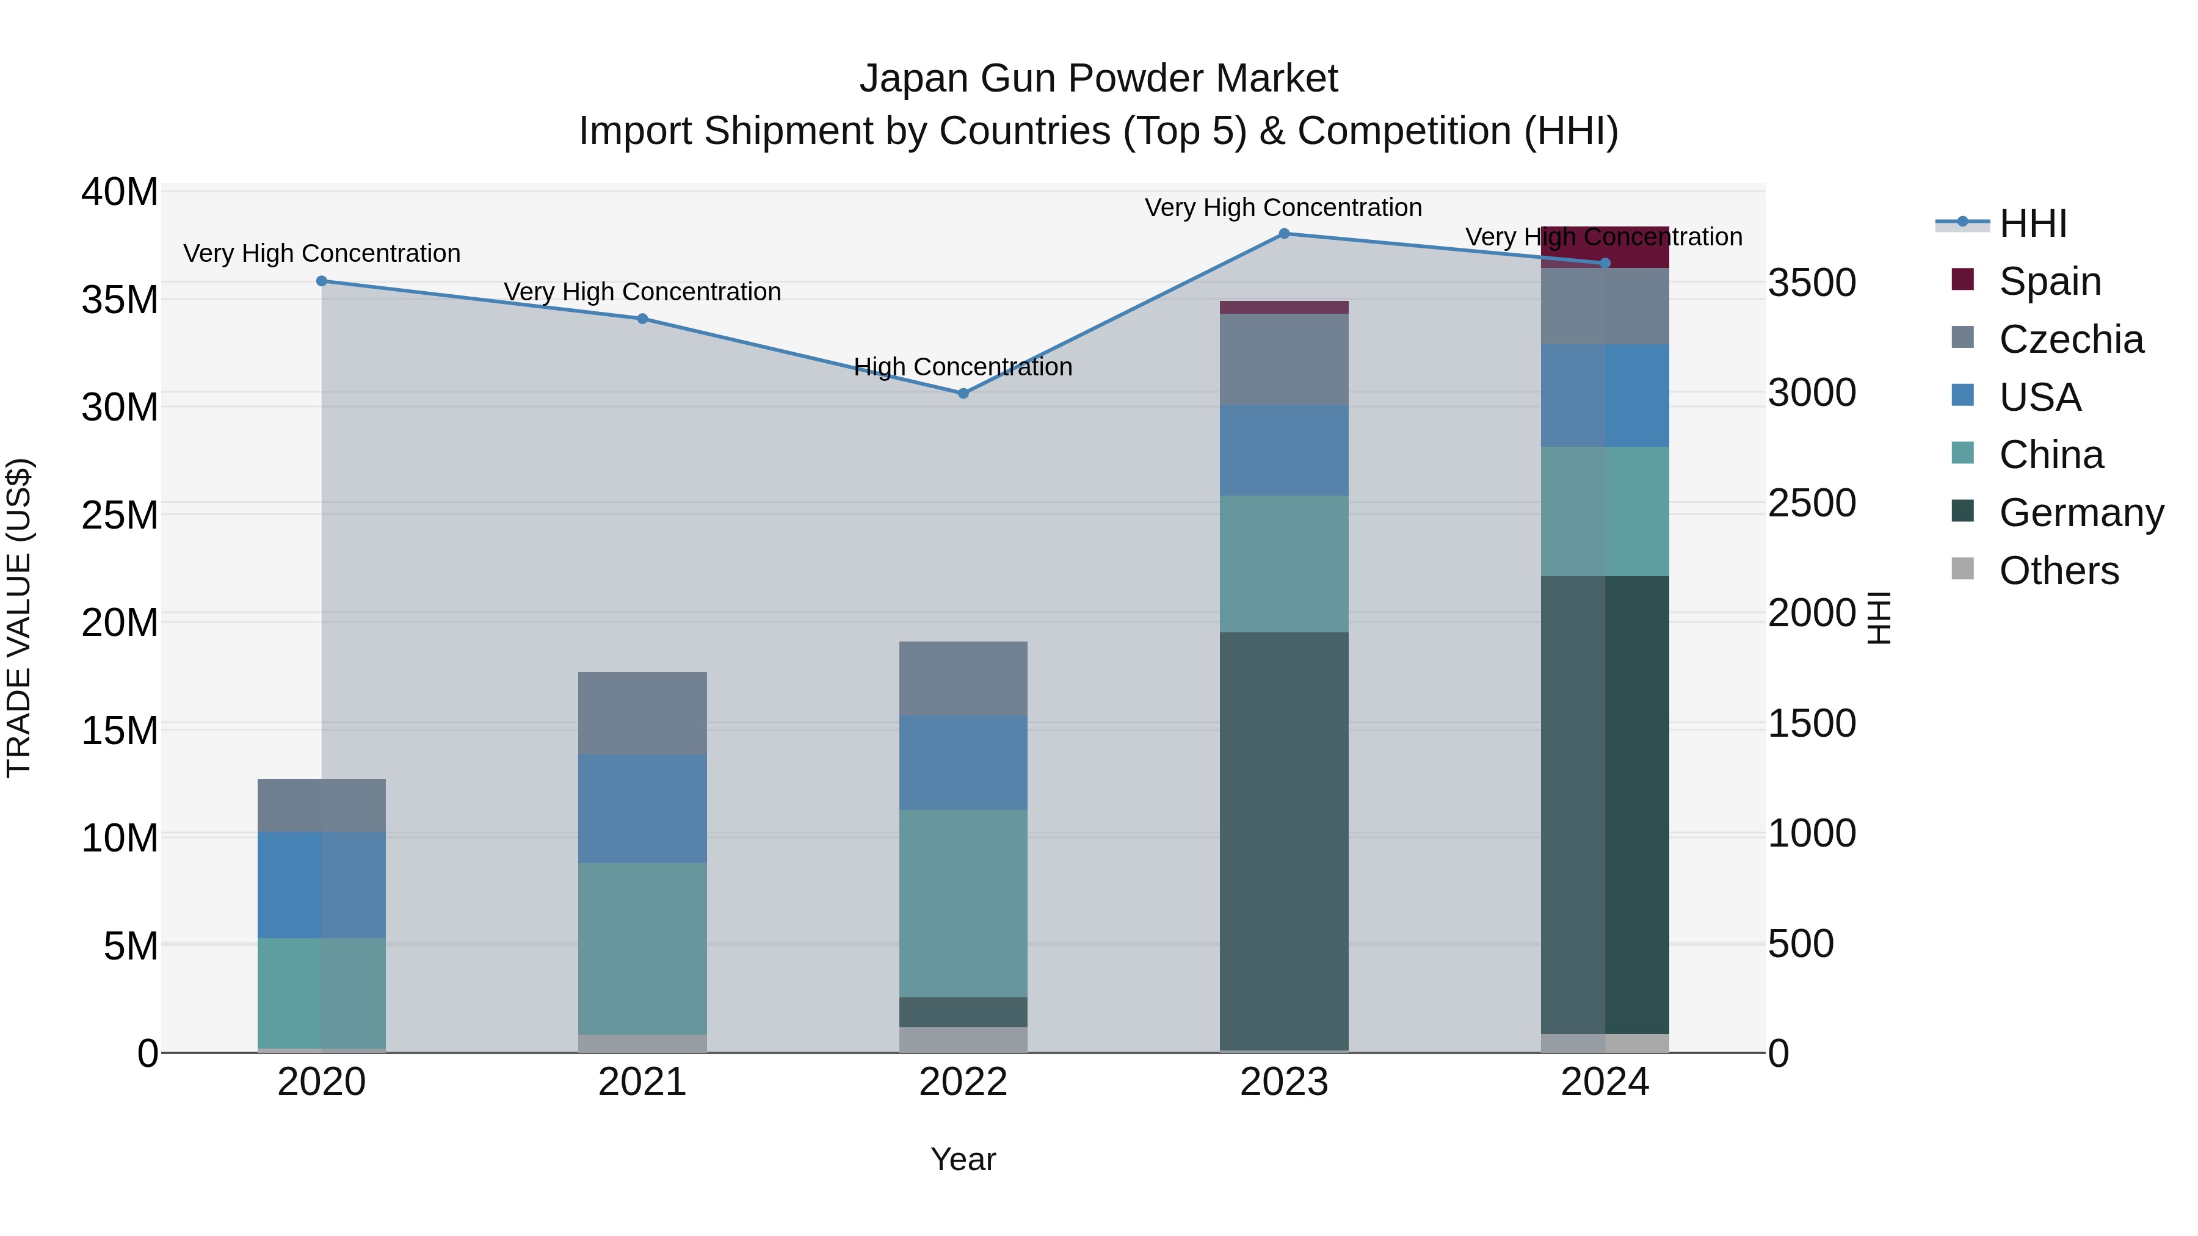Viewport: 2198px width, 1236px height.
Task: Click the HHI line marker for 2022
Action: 963,393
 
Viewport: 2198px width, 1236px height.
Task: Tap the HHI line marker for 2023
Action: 1284,234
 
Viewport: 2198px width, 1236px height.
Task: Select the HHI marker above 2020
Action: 322,281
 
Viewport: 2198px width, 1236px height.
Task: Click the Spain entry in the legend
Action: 2048,281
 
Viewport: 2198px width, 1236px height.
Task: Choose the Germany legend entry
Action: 2080,513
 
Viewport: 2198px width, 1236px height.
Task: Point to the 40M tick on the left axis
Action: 120,192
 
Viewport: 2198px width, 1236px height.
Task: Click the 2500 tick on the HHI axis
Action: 1812,504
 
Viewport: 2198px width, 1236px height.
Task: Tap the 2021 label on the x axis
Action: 642,1082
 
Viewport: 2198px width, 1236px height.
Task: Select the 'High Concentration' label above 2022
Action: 963,367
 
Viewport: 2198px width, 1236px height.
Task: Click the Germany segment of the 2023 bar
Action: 1284,840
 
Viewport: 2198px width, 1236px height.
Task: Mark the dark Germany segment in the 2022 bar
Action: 963,1011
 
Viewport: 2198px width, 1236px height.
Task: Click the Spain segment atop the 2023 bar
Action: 1284,307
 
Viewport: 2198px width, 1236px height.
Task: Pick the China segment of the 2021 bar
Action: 642,948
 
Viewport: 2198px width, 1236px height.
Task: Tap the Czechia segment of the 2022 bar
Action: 963,678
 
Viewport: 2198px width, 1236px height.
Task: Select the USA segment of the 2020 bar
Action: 322,884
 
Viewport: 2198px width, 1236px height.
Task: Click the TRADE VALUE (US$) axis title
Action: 19,618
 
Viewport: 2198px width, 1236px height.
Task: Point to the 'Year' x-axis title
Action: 963,1159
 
